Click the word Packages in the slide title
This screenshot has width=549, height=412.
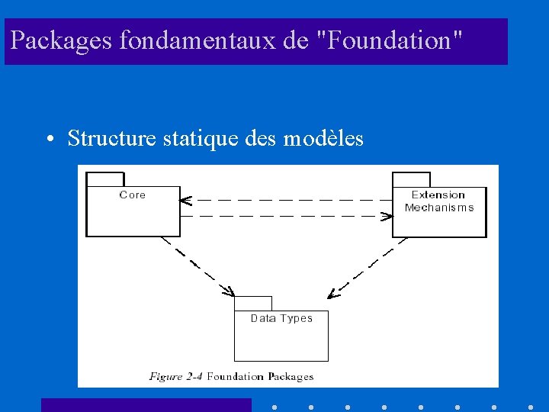coord(63,41)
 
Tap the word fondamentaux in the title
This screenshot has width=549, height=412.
coord(198,41)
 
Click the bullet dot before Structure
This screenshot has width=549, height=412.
coord(48,140)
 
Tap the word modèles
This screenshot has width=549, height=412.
coord(323,138)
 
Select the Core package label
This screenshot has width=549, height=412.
coord(133,195)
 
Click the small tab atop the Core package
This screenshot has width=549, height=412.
coord(105,179)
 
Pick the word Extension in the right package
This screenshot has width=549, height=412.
coord(438,195)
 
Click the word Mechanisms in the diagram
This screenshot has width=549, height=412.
coord(439,208)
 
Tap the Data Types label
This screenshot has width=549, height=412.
coord(281,318)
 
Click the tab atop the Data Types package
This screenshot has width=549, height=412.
coord(253,303)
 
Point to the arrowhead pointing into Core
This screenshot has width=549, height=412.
coord(184,201)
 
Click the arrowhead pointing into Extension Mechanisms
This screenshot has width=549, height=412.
coord(388,217)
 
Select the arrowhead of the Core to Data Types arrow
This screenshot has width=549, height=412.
coord(228,291)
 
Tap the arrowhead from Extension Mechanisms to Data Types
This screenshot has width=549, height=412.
coord(332,293)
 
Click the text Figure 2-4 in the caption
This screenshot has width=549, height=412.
coord(176,376)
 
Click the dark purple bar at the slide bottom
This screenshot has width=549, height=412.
coord(146,405)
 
